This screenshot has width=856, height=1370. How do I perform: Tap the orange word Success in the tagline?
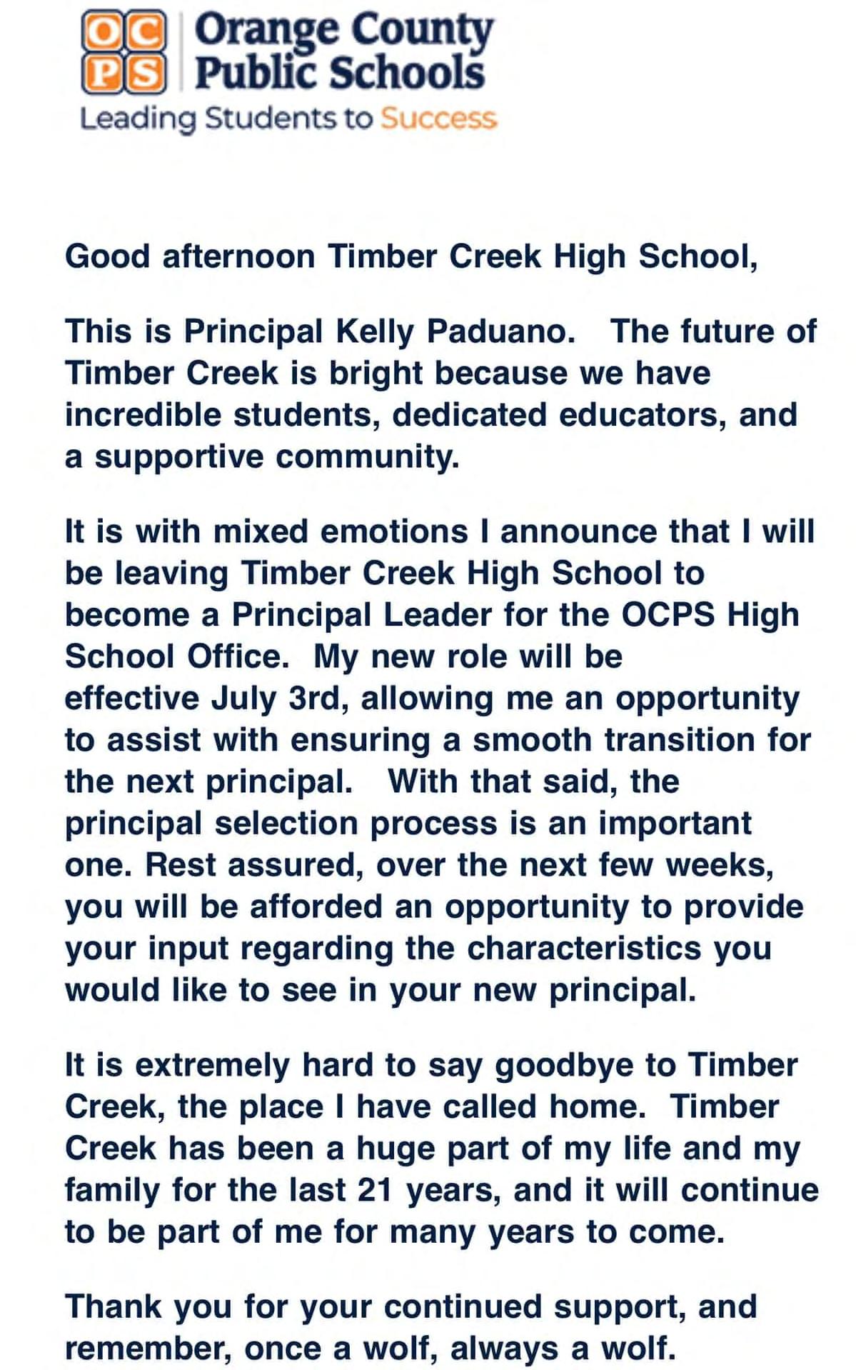438,119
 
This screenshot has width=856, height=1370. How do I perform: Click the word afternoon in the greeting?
238,256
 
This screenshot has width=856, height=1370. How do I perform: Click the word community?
367,456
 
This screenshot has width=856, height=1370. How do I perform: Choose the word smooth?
531,740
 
